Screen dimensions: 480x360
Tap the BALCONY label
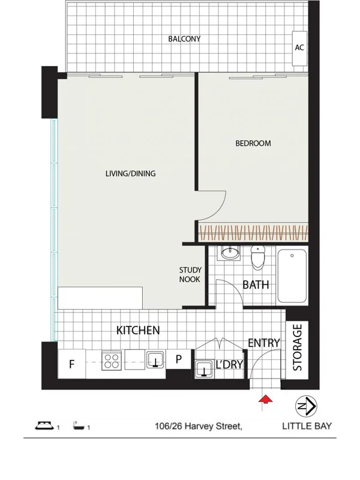click(x=184, y=39)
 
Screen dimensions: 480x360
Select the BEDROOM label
click(x=253, y=143)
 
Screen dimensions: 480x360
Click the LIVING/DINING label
click(x=130, y=174)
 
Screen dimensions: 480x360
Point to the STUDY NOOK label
click(x=190, y=275)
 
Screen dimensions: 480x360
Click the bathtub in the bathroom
click(x=292, y=276)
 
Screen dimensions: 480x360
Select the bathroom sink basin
click(x=229, y=254)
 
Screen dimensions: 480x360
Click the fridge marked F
click(x=71, y=363)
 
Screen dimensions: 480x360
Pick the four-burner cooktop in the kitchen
click(x=111, y=361)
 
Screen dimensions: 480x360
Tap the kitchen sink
click(x=156, y=360)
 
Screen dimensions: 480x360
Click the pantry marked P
click(x=178, y=361)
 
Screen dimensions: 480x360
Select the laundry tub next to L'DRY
click(x=206, y=367)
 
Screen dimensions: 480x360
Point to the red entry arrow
click(x=263, y=400)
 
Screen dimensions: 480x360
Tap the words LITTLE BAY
click(x=307, y=427)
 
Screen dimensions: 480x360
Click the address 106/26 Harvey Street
click(x=198, y=427)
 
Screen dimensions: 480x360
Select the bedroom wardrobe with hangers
click(x=253, y=232)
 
